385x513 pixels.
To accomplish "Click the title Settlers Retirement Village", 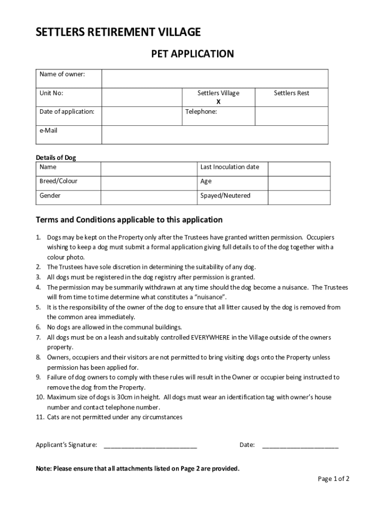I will pyautogui.click(x=118, y=33).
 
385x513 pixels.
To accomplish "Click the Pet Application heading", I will pyautogui.click(x=192, y=54).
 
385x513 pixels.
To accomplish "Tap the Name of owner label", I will pyautogui.click(x=62, y=75).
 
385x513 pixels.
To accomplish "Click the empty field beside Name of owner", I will pyautogui.click(x=215, y=79).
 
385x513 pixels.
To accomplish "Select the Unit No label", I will pyautogui.click(x=51, y=93).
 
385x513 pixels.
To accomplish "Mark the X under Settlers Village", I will pyautogui.click(x=218, y=102).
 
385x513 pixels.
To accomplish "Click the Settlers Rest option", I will pyautogui.click(x=291, y=93).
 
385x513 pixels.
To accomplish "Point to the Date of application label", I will pyautogui.click(x=67, y=112).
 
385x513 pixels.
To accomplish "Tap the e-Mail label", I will pyautogui.click(x=48, y=131).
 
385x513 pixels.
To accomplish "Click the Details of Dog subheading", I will pyautogui.click(x=56, y=158).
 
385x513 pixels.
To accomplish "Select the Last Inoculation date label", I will pyautogui.click(x=229, y=167).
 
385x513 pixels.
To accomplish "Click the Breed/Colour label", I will pyautogui.click(x=58, y=181).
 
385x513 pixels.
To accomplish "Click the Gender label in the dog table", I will pyautogui.click(x=50, y=196).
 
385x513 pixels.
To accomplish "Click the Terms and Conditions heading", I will pyautogui.click(x=129, y=220).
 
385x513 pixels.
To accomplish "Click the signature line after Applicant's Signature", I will pyautogui.click(x=150, y=445).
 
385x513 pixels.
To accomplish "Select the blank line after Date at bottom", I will pyautogui.click(x=300, y=445).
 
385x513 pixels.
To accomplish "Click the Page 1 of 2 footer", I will pyautogui.click(x=333, y=479).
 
